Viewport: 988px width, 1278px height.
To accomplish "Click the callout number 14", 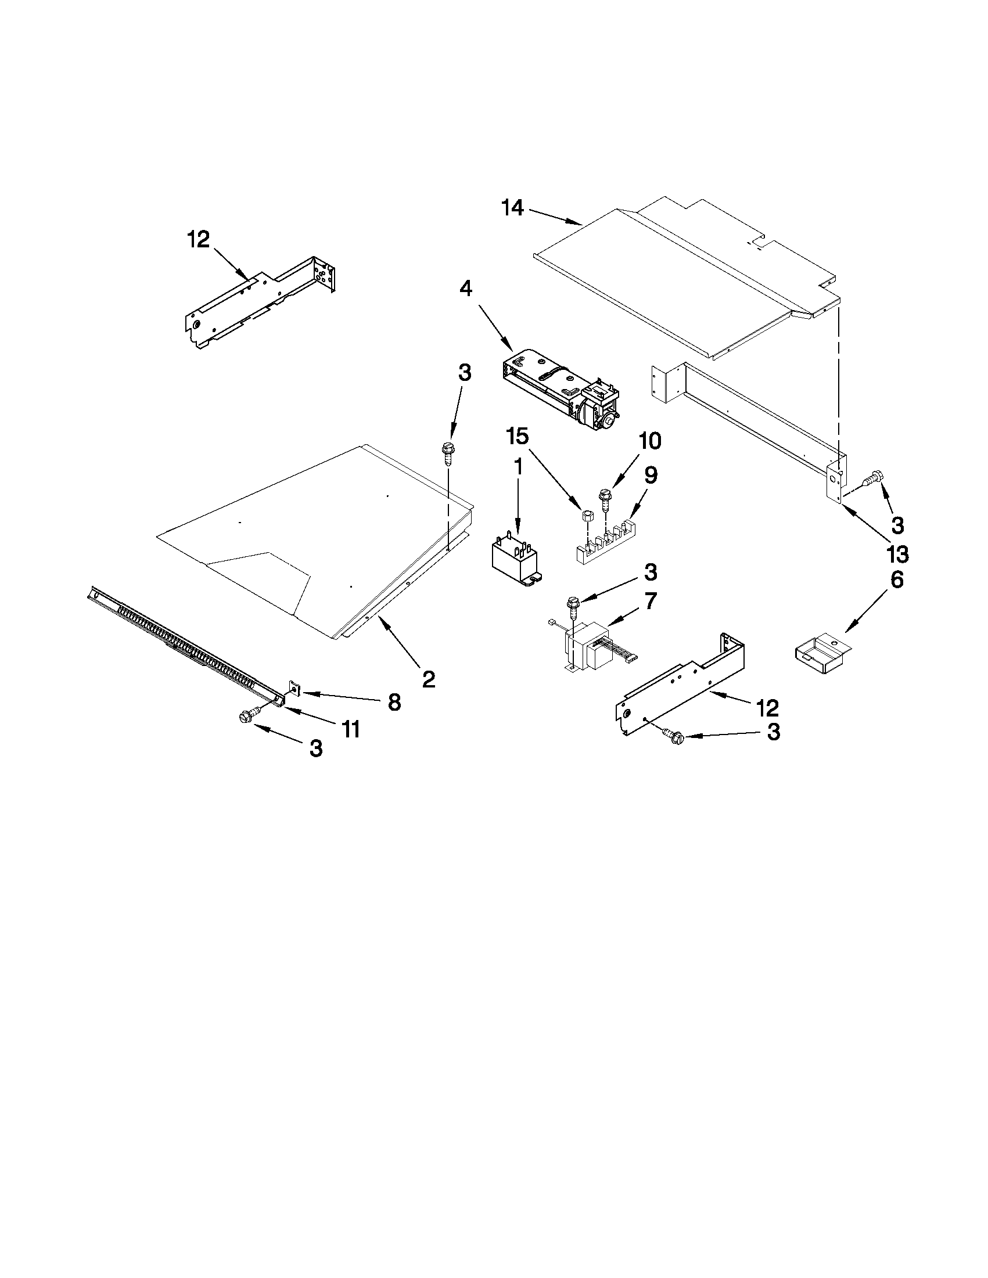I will [513, 208].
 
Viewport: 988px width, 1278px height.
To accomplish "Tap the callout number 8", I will [394, 702].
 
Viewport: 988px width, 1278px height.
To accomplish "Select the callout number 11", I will [351, 729].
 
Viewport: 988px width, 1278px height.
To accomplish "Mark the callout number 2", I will [429, 679].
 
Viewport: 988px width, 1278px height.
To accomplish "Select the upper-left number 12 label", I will [199, 239].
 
